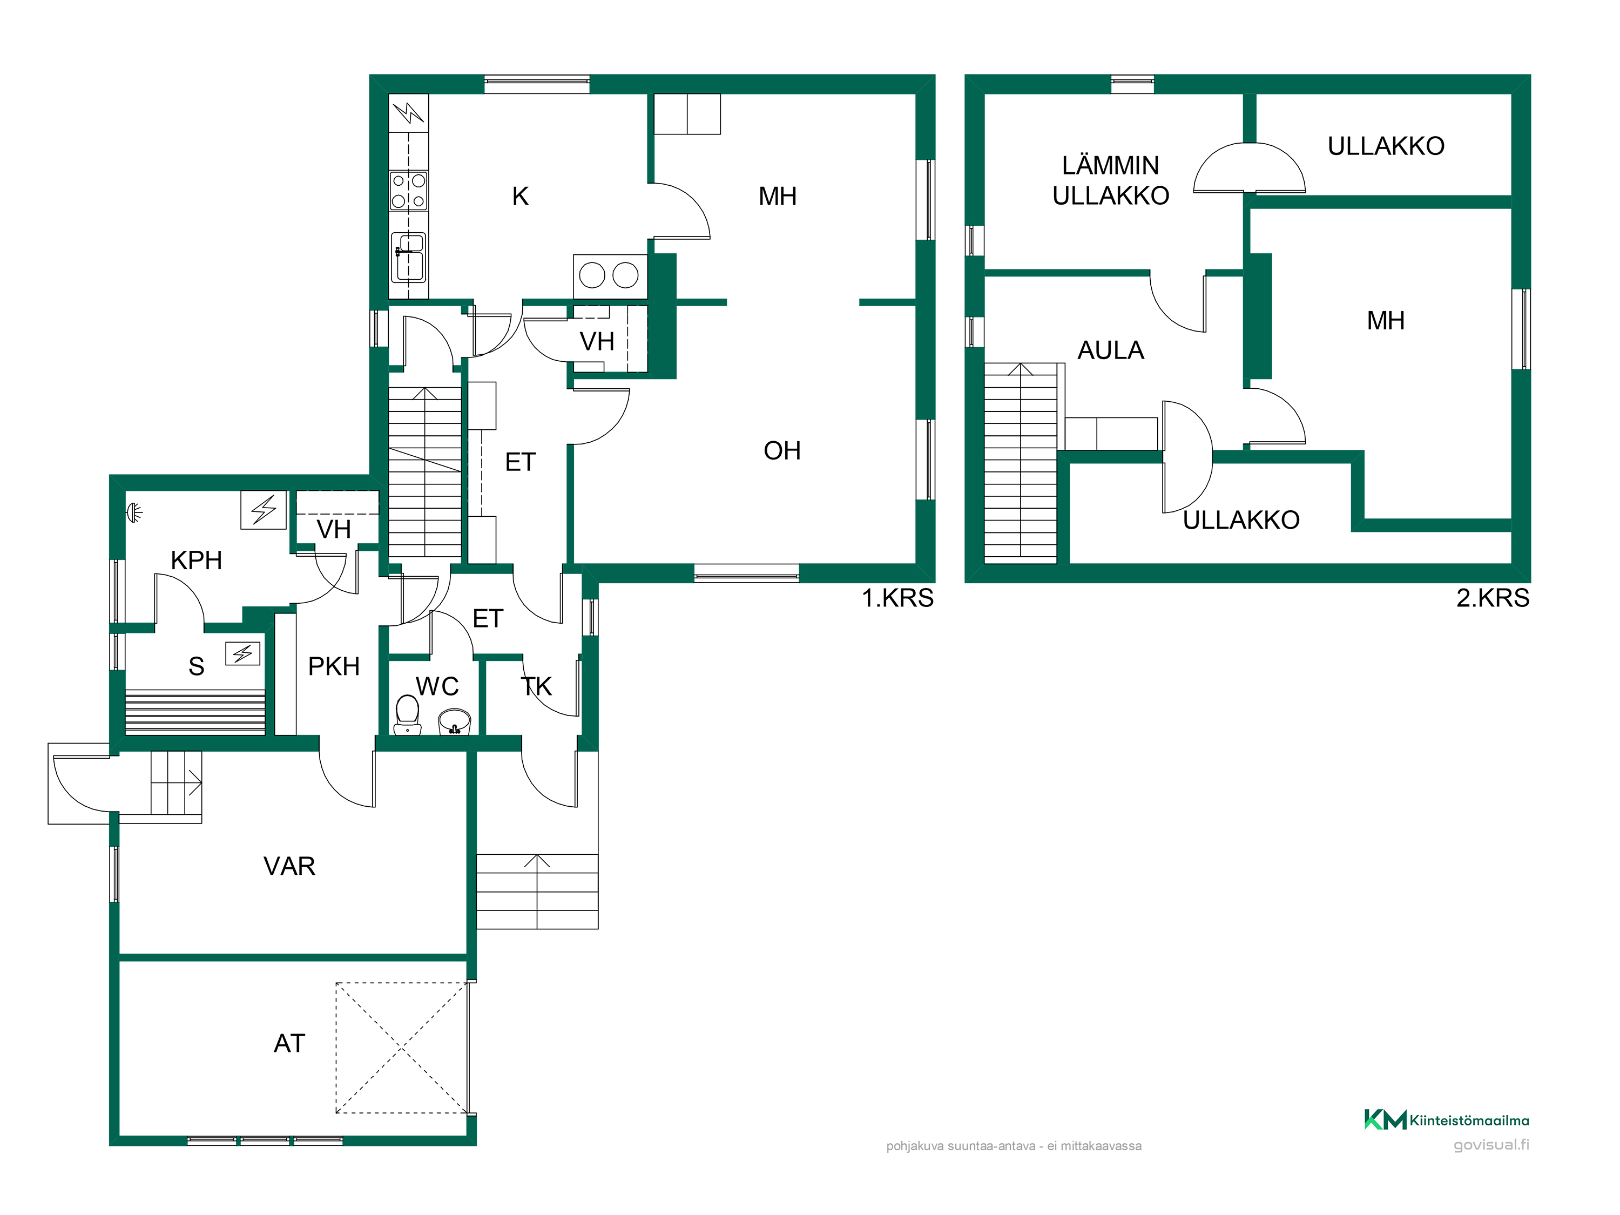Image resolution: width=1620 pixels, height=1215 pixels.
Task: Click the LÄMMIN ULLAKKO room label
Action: point(1110,180)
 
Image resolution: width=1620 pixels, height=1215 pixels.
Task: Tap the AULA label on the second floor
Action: point(1110,350)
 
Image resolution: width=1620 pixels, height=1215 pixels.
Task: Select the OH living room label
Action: point(781,450)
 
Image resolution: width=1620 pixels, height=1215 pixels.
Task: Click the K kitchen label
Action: point(520,196)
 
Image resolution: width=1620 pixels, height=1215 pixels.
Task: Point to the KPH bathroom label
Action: point(196,561)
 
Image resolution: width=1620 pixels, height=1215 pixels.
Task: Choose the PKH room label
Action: point(333,666)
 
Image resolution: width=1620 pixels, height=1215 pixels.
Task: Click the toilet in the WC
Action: point(407,714)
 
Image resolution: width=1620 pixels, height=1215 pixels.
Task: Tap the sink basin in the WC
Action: point(454,721)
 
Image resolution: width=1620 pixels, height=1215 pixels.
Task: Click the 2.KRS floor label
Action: point(1493,598)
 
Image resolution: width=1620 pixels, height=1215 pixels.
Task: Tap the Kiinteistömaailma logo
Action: point(1447,1120)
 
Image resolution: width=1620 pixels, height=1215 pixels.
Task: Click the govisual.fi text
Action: point(1491,1145)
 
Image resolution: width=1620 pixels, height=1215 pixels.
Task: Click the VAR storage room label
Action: point(289,866)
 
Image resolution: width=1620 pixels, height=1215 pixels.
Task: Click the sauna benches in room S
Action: point(195,712)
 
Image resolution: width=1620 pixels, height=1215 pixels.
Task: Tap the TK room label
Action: point(536,686)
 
